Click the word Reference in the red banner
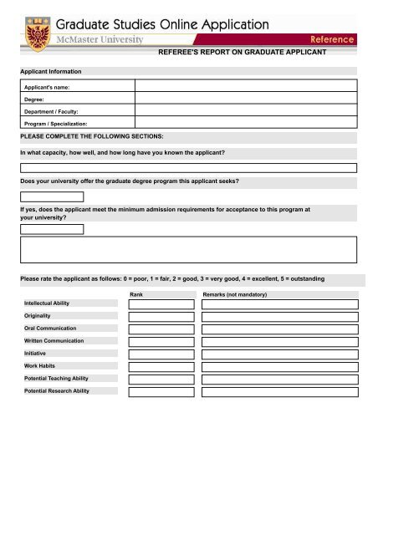pos(332,39)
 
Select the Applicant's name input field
pos(246,85)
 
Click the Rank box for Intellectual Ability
pos(161,304)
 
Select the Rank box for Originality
pos(161,317)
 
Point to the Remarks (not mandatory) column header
pos(240,294)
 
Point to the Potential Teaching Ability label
pos(56,379)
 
